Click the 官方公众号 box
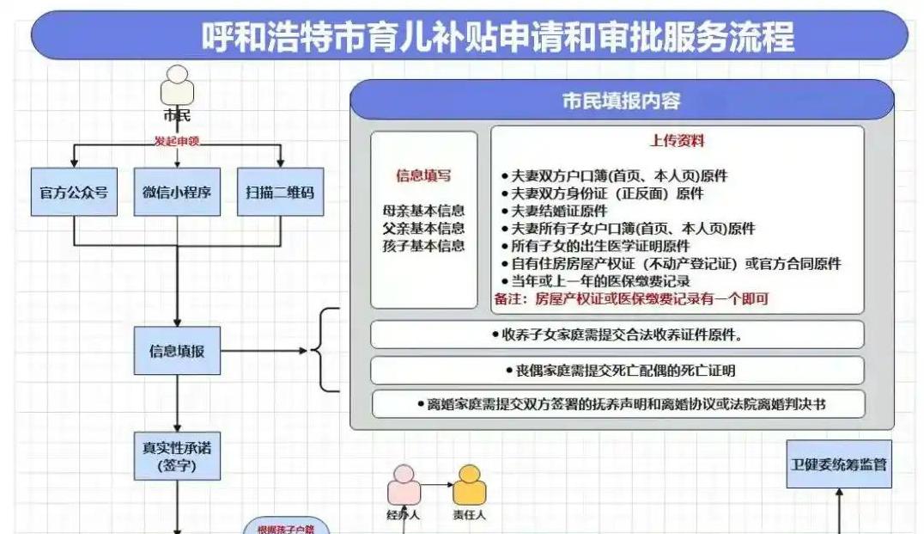(x=74, y=192)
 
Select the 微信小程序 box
(x=177, y=192)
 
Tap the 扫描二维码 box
(x=280, y=192)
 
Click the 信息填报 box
(x=177, y=351)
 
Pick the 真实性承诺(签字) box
(x=177, y=456)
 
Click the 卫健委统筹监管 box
(x=838, y=464)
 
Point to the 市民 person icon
(x=178, y=86)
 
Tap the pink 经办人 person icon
(x=402, y=486)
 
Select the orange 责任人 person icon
(x=469, y=486)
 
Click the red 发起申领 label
(x=177, y=140)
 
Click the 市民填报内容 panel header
(x=622, y=101)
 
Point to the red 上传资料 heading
(x=677, y=141)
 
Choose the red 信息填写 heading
(x=423, y=176)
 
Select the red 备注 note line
(x=630, y=299)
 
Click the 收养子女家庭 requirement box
(x=617, y=335)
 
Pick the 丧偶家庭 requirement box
(x=617, y=371)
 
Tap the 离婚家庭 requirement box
(x=617, y=404)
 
